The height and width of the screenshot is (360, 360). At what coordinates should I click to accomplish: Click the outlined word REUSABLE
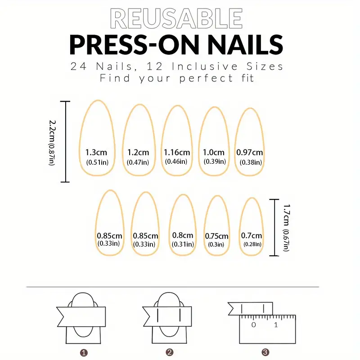(x=176, y=18)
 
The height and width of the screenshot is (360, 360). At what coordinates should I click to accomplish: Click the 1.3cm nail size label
(x=96, y=152)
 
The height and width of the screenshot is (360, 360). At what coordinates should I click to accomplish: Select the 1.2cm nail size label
(x=138, y=152)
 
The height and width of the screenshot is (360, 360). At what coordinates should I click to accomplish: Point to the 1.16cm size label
(x=177, y=152)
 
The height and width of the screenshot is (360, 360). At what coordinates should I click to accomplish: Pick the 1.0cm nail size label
(x=213, y=152)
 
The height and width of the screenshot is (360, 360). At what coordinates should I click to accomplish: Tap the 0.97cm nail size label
(x=250, y=152)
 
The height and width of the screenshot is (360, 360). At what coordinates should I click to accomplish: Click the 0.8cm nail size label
(x=183, y=235)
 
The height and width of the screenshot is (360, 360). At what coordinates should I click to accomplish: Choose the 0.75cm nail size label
(x=216, y=236)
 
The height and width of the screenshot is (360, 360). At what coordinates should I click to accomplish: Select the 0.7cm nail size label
(x=252, y=235)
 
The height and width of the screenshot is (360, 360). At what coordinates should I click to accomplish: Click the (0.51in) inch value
(x=97, y=162)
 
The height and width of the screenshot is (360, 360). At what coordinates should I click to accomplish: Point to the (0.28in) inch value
(x=252, y=244)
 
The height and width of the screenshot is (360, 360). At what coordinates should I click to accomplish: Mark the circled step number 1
(x=84, y=352)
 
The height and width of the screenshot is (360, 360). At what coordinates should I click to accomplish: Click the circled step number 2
(x=170, y=352)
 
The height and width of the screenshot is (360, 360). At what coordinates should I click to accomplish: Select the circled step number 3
(x=265, y=352)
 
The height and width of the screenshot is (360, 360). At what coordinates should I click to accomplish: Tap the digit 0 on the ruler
(x=253, y=324)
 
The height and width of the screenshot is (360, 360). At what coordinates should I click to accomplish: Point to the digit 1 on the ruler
(x=276, y=324)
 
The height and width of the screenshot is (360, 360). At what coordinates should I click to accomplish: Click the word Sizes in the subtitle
(x=265, y=66)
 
